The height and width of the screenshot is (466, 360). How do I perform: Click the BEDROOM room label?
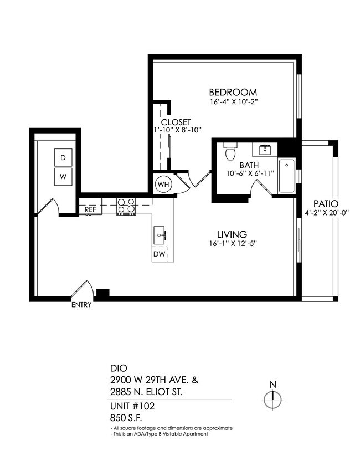point(233,92)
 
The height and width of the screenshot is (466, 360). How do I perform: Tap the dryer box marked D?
point(63,158)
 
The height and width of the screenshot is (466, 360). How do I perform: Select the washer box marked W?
point(63,177)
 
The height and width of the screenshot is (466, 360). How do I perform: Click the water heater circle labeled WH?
point(163,183)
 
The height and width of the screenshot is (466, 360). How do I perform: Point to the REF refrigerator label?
point(90,209)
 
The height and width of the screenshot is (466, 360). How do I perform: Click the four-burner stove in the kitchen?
point(127,206)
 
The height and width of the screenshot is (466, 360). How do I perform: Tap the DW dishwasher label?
point(160,254)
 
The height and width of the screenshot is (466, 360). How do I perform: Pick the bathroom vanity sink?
point(265,150)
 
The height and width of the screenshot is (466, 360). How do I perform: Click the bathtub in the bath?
point(286,176)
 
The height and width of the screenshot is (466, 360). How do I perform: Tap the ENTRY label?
point(81,304)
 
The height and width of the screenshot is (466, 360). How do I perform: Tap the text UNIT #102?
point(132,406)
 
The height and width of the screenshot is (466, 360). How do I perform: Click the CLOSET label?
point(176,122)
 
